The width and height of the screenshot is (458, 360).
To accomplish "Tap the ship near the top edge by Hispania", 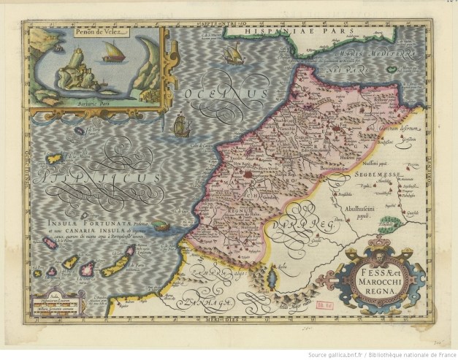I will coord(233,53).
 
